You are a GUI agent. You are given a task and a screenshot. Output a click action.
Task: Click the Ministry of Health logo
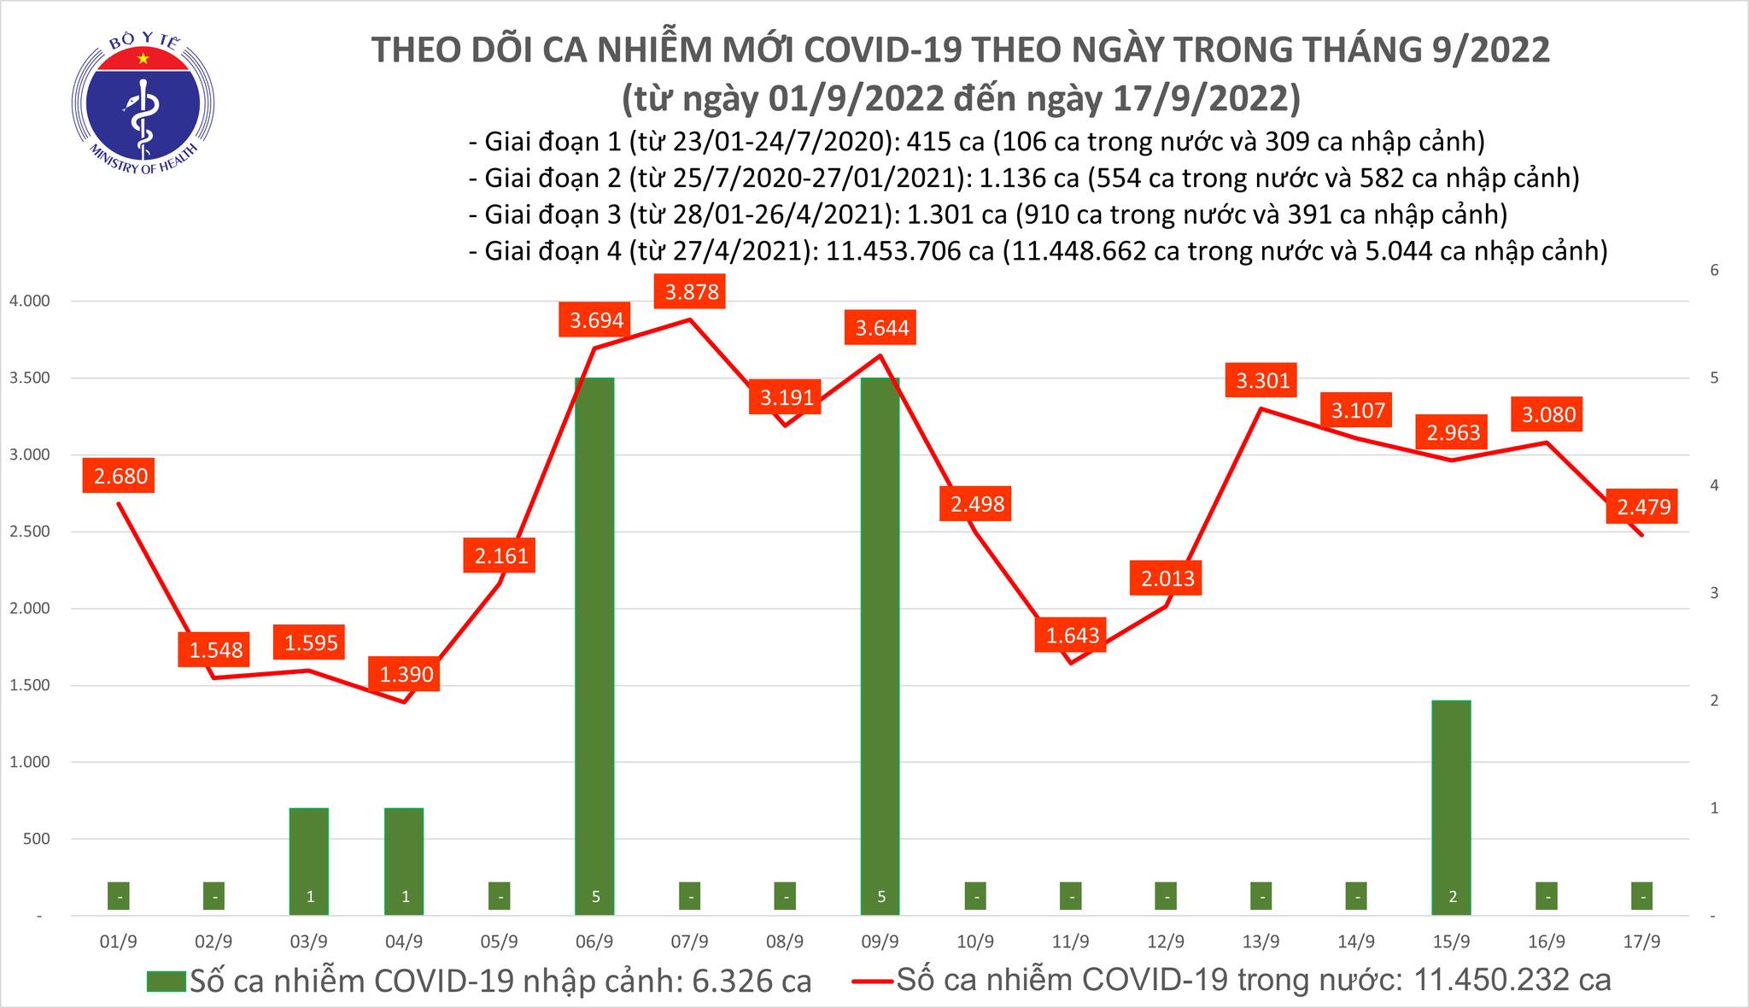pos(142,104)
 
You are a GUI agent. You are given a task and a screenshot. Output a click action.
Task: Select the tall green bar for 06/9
pos(594,641)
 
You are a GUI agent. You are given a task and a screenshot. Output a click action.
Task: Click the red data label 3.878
pos(692,292)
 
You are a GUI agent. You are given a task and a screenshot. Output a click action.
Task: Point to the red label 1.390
pos(406,674)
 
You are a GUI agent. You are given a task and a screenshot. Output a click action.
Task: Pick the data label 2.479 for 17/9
pos(1643,508)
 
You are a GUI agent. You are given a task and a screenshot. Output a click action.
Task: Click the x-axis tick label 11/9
pos(1070,942)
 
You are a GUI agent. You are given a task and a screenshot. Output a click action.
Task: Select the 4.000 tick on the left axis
pos(29,302)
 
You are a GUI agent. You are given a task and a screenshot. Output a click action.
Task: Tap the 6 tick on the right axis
pos(1713,271)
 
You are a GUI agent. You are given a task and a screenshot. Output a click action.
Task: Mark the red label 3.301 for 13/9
pos(1262,380)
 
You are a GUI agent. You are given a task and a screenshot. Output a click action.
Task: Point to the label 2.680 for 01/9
pos(120,476)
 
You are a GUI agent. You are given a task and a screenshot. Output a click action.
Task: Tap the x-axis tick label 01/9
pos(119,942)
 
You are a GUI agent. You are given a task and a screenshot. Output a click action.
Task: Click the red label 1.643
pos(1071,636)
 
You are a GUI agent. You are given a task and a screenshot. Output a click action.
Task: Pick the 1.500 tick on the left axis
pos(29,686)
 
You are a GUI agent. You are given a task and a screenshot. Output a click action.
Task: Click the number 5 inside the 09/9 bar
pos(880,897)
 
